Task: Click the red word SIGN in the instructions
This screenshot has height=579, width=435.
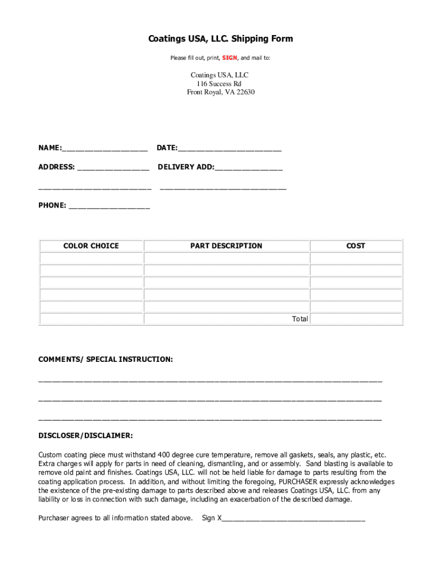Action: pyautogui.click(x=229, y=58)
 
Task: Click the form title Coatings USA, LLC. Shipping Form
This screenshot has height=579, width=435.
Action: pyautogui.click(x=220, y=39)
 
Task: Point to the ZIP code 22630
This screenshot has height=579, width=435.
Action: pyautogui.click(x=245, y=92)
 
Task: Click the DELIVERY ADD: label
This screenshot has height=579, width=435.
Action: pyautogui.click(x=186, y=167)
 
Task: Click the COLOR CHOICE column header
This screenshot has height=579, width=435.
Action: pyautogui.click(x=91, y=246)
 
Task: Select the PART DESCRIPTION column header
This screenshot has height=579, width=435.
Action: pyautogui.click(x=226, y=246)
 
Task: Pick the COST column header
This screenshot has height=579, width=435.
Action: pyautogui.click(x=356, y=246)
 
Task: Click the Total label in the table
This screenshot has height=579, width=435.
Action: pyautogui.click(x=300, y=319)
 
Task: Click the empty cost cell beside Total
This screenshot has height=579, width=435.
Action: pyautogui.click(x=356, y=319)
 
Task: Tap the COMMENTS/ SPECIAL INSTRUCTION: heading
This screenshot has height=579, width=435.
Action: pyautogui.click(x=106, y=360)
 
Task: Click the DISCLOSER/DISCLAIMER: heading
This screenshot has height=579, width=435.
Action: pyautogui.click(x=86, y=435)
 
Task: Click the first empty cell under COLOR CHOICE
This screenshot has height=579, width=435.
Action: pyautogui.click(x=91, y=258)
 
